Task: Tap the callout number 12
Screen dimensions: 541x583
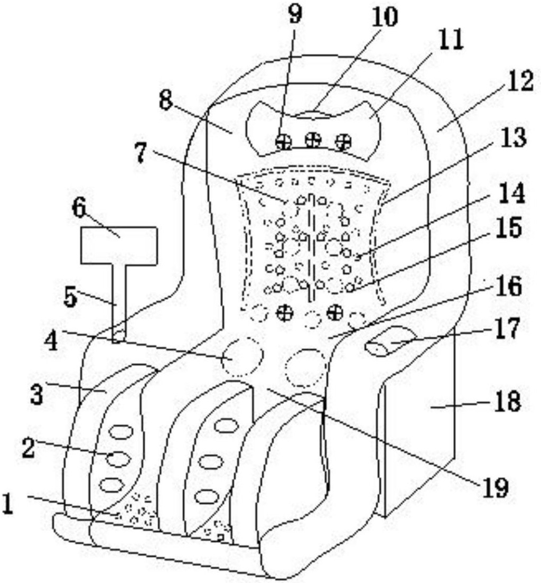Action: pyautogui.click(x=520, y=81)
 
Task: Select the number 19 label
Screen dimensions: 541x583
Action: pyautogui.click(x=495, y=487)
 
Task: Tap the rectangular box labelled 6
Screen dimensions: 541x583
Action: pyautogui.click(x=119, y=245)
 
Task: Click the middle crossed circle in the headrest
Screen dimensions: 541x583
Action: pyautogui.click(x=313, y=140)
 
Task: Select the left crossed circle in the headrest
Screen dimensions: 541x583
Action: pyautogui.click(x=284, y=141)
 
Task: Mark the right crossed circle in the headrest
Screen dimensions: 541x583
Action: pyautogui.click(x=343, y=142)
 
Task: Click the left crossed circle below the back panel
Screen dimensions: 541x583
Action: pyautogui.click(x=285, y=312)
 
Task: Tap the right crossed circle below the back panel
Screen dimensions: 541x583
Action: pyautogui.click(x=335, y=312)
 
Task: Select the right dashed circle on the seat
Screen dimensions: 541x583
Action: pyautogui.click(x=306, y=367)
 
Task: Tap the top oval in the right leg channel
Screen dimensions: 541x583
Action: pyautogui.click(x=225, y=425)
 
